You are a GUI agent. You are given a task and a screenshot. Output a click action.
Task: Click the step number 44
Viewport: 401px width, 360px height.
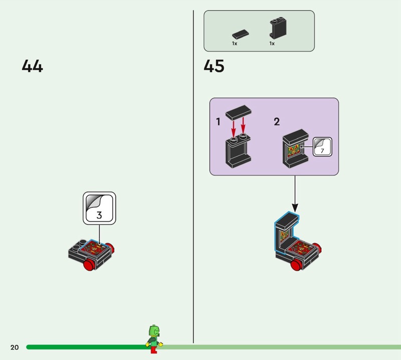point(32,66)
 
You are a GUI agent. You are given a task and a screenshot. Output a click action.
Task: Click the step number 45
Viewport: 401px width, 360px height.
point(214,66)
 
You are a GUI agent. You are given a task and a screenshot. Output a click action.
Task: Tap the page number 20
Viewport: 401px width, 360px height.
point(14,347)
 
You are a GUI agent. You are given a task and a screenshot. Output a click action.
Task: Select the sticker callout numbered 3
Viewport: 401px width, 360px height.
point(99,208)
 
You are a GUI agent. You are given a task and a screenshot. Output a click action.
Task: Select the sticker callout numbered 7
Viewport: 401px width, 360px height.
point(322,146)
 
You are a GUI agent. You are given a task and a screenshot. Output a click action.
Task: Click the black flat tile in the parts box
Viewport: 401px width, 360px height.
point(240,34)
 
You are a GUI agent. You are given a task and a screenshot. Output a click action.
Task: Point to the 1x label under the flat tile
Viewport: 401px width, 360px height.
point(235,44)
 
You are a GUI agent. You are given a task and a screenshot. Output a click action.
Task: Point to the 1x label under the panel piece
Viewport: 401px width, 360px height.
point(272,44)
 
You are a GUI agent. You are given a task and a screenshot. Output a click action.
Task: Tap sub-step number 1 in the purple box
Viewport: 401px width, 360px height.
point(218,122)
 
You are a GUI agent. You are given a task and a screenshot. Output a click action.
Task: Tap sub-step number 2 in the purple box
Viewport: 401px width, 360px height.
point(277,122)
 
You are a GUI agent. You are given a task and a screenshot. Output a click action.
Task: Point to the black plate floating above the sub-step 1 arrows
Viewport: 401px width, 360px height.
point(239,112)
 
